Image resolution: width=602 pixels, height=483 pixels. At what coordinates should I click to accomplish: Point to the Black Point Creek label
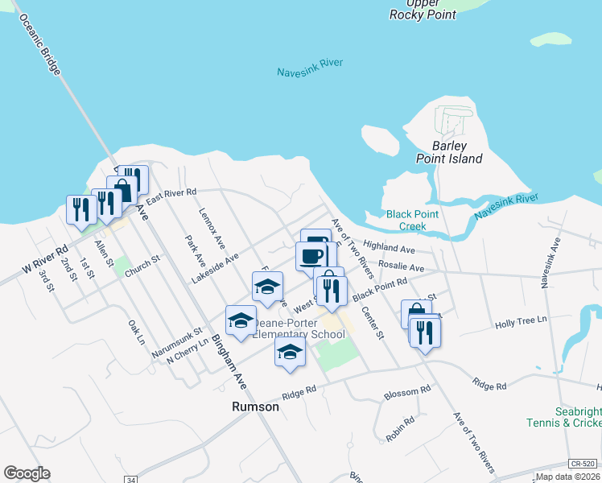412,220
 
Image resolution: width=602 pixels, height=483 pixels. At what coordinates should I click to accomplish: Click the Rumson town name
255,407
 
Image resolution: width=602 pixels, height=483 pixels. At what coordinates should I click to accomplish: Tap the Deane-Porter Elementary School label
298,328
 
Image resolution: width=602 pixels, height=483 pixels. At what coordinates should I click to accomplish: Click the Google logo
27,473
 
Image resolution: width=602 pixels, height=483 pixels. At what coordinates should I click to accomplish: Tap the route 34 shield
130,480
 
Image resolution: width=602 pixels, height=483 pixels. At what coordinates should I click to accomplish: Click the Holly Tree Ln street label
521,320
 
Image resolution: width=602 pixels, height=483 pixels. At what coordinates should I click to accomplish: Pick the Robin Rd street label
400,428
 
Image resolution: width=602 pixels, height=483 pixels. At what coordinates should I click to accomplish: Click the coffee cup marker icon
311,255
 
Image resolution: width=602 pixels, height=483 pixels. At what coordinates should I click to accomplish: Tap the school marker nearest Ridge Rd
291,351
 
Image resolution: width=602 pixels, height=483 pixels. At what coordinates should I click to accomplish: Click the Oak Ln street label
136,332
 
